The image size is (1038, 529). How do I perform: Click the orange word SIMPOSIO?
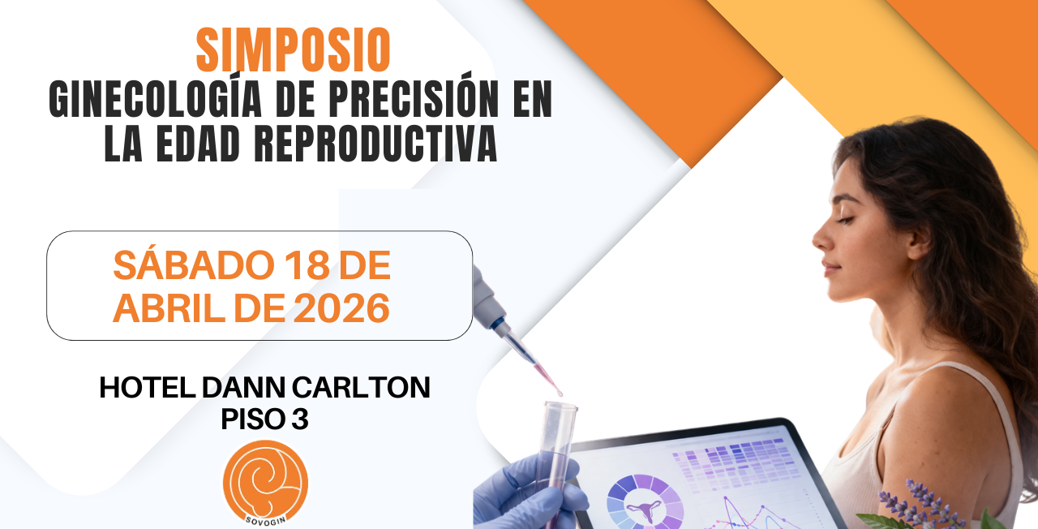[294, 50]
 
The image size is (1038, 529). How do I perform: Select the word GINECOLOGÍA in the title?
[156, 98]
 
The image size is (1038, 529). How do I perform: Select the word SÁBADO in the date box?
[194, 264]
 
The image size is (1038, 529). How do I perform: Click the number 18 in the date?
[307, 265]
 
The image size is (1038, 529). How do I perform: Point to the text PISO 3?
[264, 419]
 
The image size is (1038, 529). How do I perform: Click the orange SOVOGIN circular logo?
[265, 483]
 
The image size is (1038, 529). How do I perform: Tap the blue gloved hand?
[526, 492]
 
